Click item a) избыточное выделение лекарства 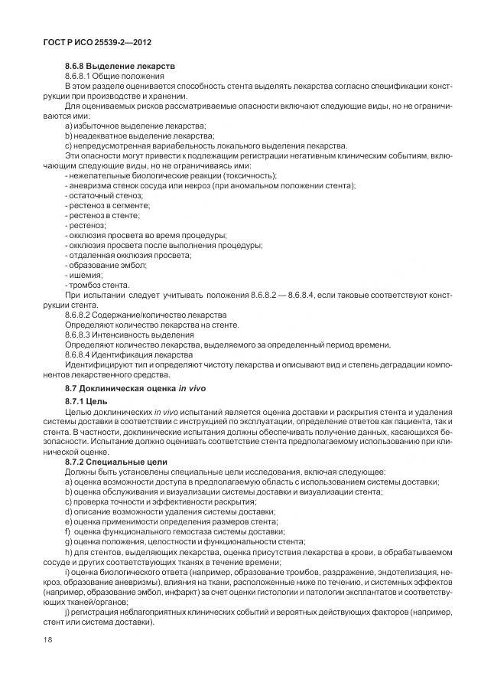(135, 125)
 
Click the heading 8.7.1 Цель (91, 401)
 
